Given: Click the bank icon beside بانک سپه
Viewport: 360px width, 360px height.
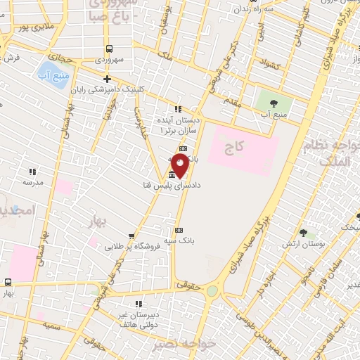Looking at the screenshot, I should point(179,230).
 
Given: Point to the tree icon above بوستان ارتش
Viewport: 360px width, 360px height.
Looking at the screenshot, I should point(304,232).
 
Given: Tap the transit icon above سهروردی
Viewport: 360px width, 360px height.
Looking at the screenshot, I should point(109,49).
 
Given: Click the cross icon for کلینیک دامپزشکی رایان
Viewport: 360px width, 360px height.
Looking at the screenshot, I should point(107,79).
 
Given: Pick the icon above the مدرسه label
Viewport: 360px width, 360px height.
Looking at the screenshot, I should point(32,171).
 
